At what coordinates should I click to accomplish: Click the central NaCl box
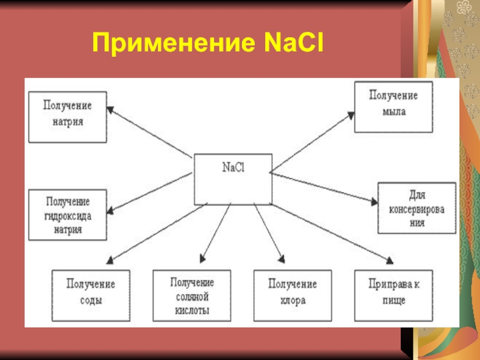[x=232, y=179]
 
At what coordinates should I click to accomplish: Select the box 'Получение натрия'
[x=67, y=116]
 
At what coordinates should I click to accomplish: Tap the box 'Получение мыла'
[x=394, y=107]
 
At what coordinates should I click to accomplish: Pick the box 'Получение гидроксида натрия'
[x=67, y=215]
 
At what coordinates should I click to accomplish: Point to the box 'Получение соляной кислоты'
[x=192, y=295]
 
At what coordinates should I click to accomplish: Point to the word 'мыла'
[x=393, y=112]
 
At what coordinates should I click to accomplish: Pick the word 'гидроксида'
[x=67, y=215]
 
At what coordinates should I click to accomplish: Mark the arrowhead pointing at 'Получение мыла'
[x=350, y=116]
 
